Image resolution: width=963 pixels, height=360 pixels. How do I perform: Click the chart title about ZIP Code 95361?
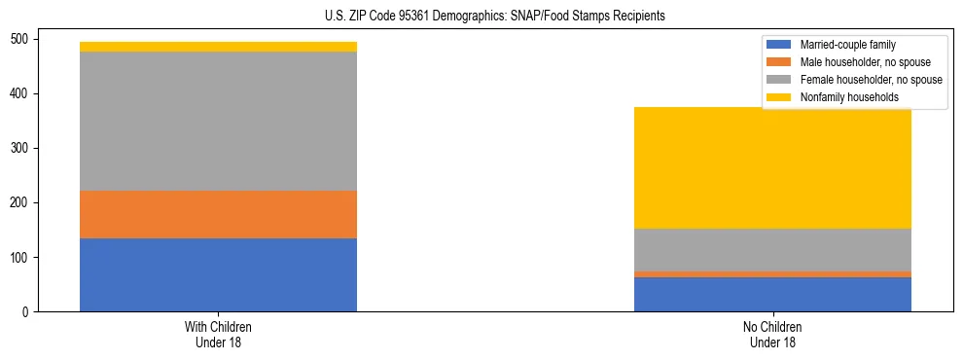pos(494,17)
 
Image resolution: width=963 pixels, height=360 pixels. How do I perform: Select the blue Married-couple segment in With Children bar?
pos(218,274)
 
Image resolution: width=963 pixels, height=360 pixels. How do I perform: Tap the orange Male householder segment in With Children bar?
pos(218,214)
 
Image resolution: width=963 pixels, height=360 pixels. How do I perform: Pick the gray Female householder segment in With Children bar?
pos(218,121)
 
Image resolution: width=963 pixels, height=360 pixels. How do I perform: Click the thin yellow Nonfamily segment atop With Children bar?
pos(218,47)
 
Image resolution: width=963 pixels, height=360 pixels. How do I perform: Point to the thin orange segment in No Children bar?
pos(772,274)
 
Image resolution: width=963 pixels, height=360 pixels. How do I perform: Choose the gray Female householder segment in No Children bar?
pos(772,250)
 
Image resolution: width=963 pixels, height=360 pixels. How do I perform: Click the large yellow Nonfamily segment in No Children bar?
pos(772,167)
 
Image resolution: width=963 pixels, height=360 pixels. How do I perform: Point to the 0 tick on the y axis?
pos(27,312)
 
